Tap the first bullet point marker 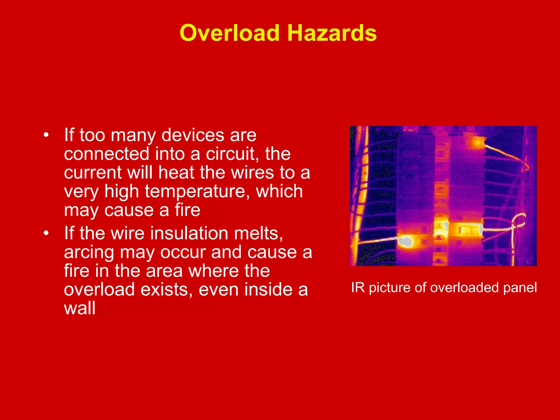pyautogui.click(x=46, y=135)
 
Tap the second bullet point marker pyautogui.click(x=46, y=233)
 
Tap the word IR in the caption pyautogui.click(x=358, y=288)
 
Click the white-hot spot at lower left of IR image pyautogui.click(x=405, y=241)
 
